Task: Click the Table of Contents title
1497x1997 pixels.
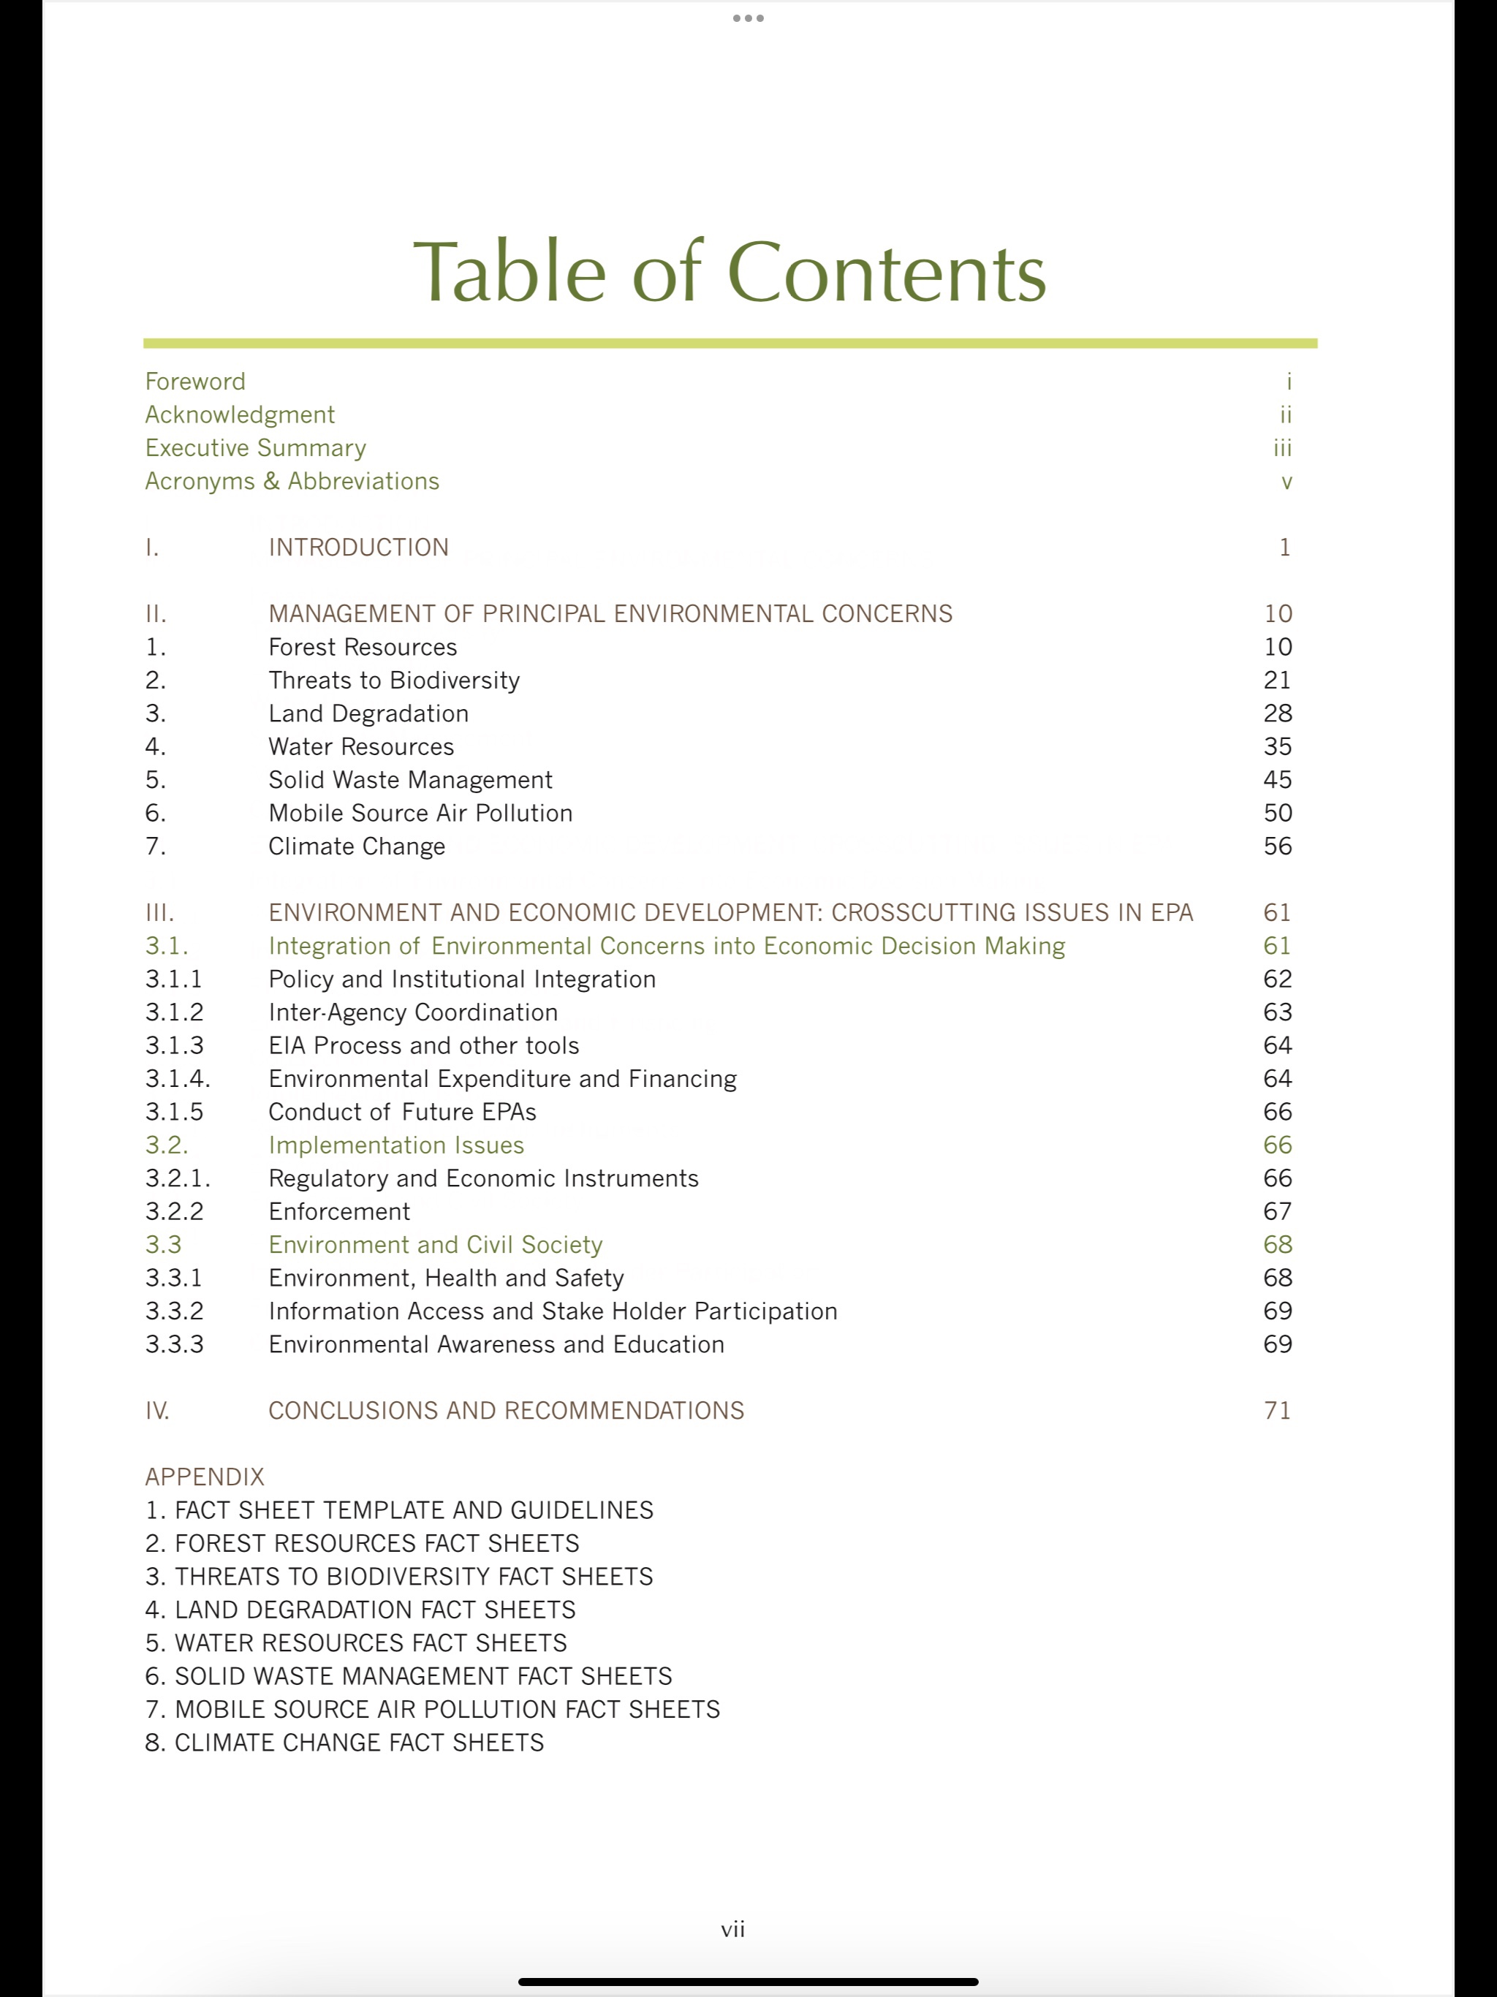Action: (729, 272)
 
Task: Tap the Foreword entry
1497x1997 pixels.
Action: (195, 382)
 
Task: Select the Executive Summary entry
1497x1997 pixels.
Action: (256, 448)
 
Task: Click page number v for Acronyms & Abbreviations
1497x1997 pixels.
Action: (1286, 482)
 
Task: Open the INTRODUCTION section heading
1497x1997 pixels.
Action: (358, 548)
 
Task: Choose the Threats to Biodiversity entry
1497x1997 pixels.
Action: (394, 681)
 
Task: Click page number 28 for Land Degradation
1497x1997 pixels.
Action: (1278, 714)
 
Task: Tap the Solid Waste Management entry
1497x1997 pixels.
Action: (410, 780)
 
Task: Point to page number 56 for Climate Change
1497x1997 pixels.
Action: (1278, 847)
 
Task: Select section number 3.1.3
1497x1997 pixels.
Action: (174, 1045)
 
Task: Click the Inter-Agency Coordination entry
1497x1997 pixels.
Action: (412, 1013)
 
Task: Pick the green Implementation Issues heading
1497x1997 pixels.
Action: (396, 1145)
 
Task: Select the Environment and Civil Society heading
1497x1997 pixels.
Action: (435, 1245)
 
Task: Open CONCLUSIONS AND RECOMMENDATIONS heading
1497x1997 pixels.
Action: (506, 1411)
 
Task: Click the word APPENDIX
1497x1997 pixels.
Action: (205, 1477)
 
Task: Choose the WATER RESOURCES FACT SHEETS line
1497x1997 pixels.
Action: (356, 1643)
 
